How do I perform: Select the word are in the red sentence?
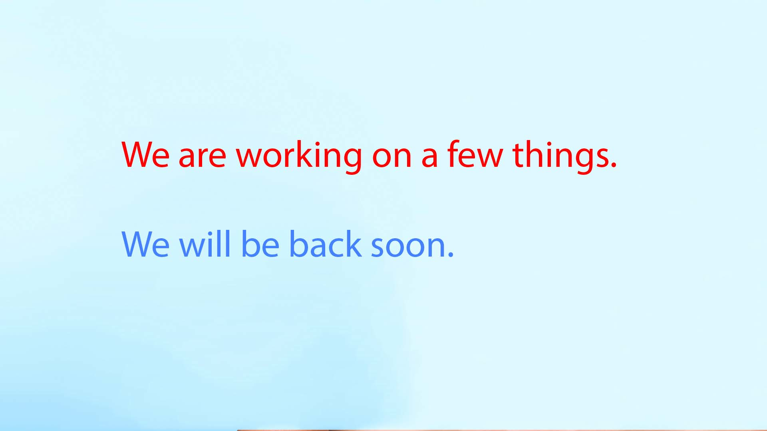202,157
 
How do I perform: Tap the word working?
299,156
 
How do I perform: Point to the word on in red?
391,157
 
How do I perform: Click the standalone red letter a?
429,157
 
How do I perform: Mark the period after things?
614,164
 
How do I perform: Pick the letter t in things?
519,155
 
